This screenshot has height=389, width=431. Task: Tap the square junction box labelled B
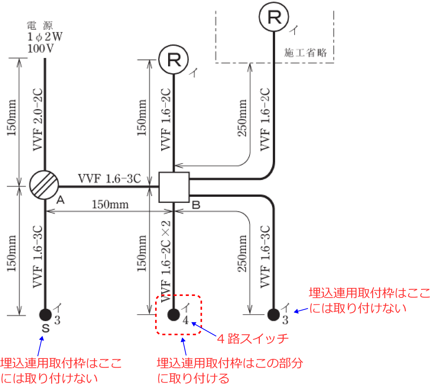174,187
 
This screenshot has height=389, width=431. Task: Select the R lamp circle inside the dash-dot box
274,16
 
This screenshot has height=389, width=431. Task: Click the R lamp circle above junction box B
174,59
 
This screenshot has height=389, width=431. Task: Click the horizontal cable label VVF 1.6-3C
110,178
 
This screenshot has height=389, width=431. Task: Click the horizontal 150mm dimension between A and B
110,204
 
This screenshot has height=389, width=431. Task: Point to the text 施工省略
306,53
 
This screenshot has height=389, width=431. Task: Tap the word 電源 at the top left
39,26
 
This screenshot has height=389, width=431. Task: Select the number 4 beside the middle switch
185,320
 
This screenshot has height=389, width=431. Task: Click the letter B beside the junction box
196,206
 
